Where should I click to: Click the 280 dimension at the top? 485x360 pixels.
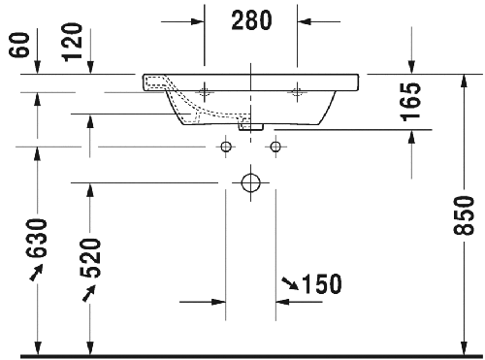coord(250,19)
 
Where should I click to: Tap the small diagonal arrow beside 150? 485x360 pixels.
coord(290,282)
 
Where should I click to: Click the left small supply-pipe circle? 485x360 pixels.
coord(226,147)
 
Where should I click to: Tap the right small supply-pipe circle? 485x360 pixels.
coord(276,147)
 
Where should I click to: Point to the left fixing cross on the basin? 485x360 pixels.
coord(206,91)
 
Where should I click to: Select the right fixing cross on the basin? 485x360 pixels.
coord(297,91)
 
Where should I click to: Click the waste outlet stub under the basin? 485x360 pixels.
coord(252,124)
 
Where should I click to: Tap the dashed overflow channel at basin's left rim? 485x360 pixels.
coord(155,82)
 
